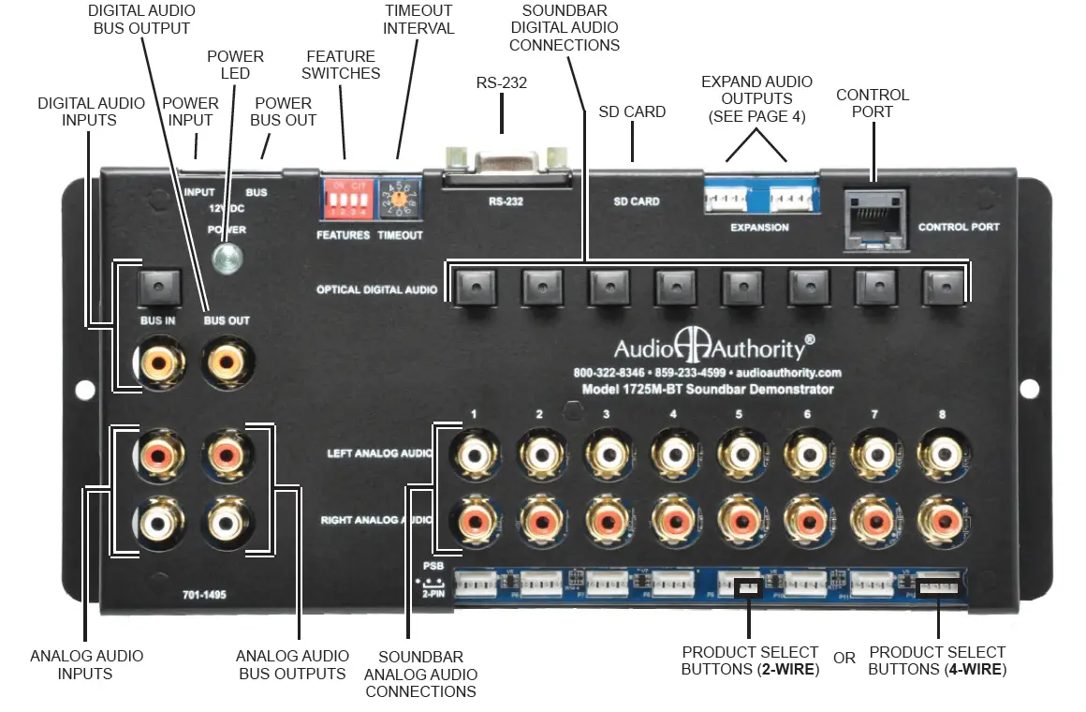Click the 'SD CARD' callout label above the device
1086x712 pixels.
click(x=632, y=111)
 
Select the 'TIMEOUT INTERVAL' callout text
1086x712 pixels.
click(x=418, y=19)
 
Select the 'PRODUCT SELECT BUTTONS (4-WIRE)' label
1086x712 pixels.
click(x=937, y=660)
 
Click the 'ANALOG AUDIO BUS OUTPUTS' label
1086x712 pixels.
click(x=292, y=664)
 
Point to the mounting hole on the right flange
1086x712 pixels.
click(x=1030, y=389)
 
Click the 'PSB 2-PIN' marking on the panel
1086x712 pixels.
click(x=432, y=580)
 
